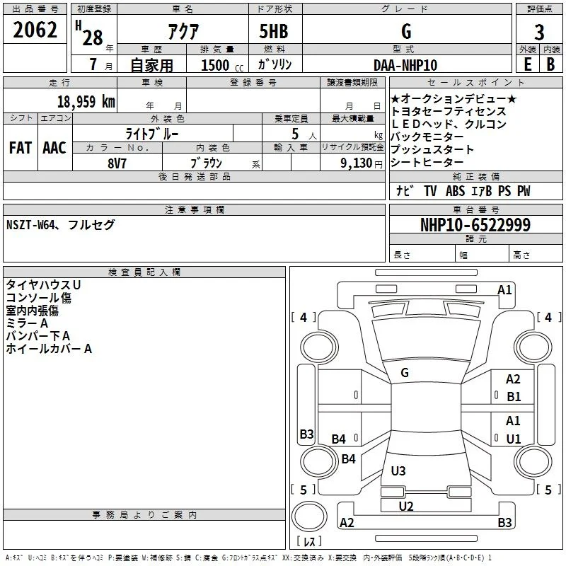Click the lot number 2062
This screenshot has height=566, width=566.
(35, 30)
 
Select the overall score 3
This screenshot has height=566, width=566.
(539, 33)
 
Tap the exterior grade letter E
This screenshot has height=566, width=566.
(528, 64)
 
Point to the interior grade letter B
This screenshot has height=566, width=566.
(550, 64)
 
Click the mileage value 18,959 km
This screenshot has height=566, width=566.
(86, 101)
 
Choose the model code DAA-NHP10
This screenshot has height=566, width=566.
(405, 65)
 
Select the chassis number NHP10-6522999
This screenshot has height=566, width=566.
(475, 225)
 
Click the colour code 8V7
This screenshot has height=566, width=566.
(117, 163)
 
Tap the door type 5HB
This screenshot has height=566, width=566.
(274, 31)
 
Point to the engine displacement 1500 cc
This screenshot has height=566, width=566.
(222, 65)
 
